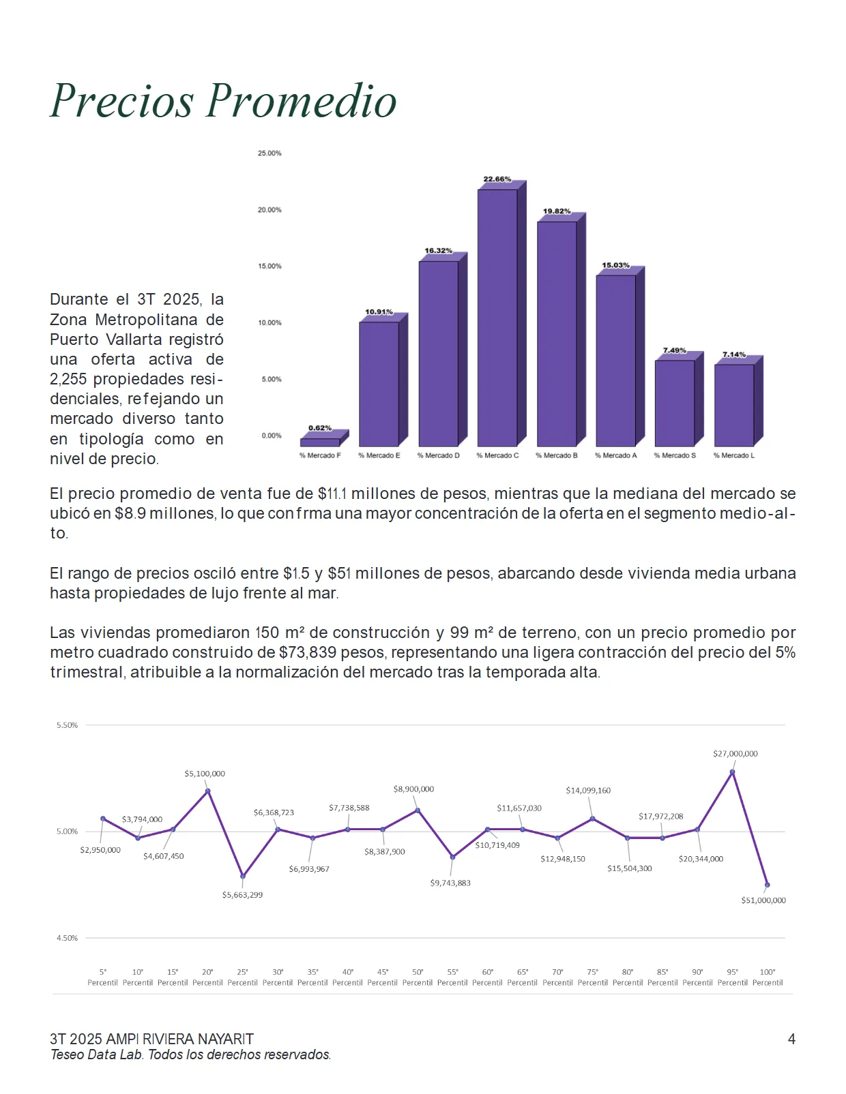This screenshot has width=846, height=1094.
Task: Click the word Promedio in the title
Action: [302, 101]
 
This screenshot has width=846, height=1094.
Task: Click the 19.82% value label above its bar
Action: [557, 211]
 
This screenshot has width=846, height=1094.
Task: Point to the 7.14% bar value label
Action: [734, 354]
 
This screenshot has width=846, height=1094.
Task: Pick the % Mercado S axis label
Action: [675, 455]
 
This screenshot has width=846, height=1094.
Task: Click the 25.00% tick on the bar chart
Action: [269, 153]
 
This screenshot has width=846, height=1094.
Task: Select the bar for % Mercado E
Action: [383, 380]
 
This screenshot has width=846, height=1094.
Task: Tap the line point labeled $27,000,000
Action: [732, 772]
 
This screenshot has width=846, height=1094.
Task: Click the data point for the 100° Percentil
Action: [767, 885]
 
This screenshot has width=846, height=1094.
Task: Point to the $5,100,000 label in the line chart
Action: [205, 774]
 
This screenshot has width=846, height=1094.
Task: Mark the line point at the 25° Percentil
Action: [242, 876]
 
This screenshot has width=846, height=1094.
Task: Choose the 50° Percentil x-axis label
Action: [418, 977]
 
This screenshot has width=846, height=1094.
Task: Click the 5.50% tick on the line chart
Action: [67, 725]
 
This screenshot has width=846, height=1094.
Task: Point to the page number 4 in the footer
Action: [791, 1039]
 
